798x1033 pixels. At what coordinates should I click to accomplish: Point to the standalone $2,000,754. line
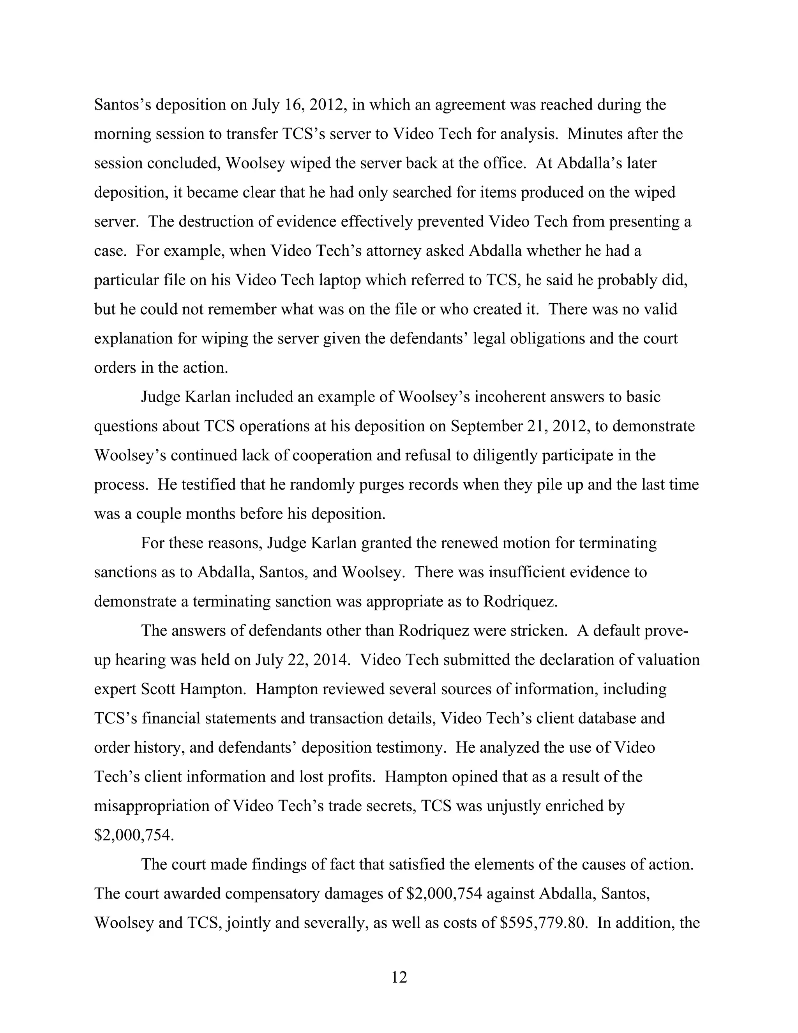pyautogui.click(x=134, y=835)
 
